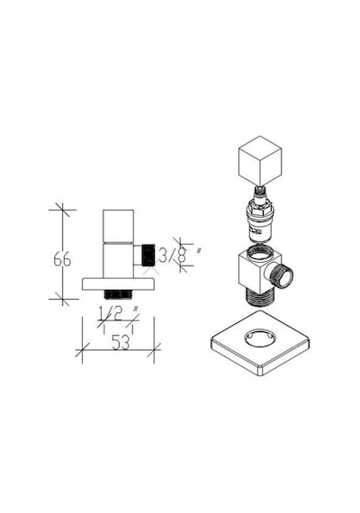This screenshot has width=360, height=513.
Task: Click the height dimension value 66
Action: pyautogui.click(x=62, y=260)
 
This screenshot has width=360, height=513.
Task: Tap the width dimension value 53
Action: pyautogui.click(x=121, y=343)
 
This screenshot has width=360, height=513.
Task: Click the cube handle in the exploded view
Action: pyautogui.click(x=260, y=161)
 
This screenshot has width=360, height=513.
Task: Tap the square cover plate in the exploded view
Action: pyautogui.click(x=260, y=343)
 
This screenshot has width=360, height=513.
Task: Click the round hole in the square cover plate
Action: pyautogui.click(x=260, y=337)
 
